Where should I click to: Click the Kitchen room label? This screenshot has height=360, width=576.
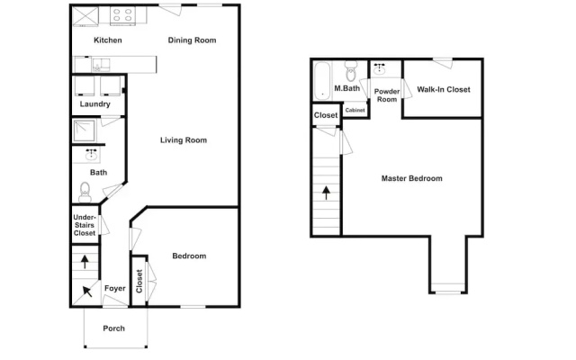[108, 40]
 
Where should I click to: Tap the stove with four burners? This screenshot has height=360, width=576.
[122, 16]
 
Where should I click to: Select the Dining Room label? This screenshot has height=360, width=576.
[192, 40]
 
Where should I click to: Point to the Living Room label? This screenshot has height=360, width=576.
[184, 140]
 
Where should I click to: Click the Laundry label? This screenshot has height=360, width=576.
[94, 104]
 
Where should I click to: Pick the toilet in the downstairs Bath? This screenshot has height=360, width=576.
[85, 192]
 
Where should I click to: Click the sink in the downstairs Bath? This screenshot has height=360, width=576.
[91, 155]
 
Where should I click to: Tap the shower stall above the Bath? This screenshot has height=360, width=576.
[84, 130]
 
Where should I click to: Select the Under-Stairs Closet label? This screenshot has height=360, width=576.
[85, 225]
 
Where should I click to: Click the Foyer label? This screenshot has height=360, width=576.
[114, 288]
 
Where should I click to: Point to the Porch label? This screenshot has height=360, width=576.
[114, 328]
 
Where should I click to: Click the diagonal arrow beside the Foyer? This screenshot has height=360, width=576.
[87, 292]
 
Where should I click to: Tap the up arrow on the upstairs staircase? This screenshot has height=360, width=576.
[326, 193]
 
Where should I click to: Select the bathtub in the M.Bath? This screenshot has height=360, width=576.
[322, 81]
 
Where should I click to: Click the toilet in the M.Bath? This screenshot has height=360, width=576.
[351, 71]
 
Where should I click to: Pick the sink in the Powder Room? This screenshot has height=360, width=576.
[379, 68]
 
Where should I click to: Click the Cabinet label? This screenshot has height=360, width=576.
[355, 110]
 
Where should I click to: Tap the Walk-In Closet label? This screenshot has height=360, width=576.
[444, 89]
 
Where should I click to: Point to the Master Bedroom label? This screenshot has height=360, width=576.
[412, 178]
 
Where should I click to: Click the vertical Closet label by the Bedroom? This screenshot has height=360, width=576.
[139, 282]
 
